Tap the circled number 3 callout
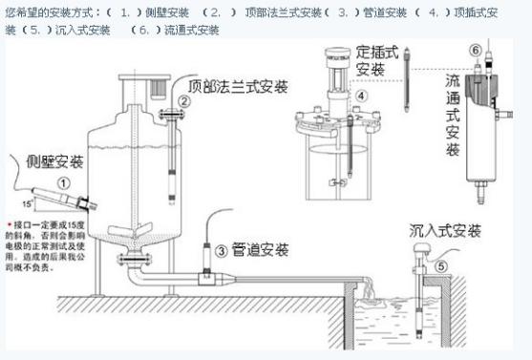tap(221, 251)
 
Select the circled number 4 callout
tap(362, 95)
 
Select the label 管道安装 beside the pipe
tap(262, 250)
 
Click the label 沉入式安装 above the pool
tap(443, 231)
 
